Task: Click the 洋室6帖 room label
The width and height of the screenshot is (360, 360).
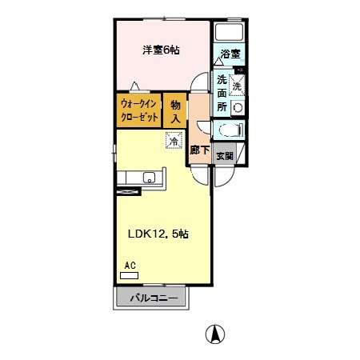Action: [x=161, y=50]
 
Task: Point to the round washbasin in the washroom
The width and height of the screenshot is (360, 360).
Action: [x=237, y=106]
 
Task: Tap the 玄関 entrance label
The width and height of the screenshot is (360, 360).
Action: [x=225, y=156]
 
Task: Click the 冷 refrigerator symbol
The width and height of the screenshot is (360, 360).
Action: [x=173, y=141]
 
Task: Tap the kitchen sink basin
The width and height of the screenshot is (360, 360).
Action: [x=147, y=178]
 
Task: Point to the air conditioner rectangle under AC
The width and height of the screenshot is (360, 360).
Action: [x=129, y=274]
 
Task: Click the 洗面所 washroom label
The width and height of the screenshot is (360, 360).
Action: [x=222, y=93]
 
